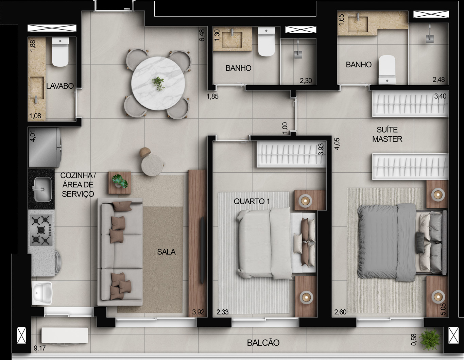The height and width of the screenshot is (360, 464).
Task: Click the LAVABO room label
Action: coord(60,86)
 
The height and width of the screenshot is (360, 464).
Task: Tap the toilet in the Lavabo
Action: coord(61,52)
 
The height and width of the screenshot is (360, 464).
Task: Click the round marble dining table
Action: coord(158,83)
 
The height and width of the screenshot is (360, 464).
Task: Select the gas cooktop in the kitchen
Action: coord(41,230)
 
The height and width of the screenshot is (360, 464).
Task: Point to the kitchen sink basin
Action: coord(43,189)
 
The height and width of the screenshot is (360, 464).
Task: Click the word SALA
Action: coord(166,252)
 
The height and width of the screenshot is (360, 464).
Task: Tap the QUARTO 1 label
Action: coord(252,201)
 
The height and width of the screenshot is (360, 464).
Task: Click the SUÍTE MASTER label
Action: coord(387,134)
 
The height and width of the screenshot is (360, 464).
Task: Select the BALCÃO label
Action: coord(263,343)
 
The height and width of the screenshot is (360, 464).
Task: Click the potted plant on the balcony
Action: coord(429,340)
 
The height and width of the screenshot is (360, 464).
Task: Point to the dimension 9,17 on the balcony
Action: coord(40,348)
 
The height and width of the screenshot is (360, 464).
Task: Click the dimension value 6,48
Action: coord(202,35)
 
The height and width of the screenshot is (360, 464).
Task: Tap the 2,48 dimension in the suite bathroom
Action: coord(439,80)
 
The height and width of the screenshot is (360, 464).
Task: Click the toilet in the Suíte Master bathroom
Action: coord(387,70)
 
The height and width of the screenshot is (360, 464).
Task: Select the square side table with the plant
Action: coord(120,183)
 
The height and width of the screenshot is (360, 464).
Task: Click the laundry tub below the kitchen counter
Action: coord(42,293)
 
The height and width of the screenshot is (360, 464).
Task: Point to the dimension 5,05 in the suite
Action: coord(443,309)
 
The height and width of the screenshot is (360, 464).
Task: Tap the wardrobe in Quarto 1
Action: coord(291,154)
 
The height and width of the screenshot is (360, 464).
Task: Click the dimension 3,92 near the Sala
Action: coord(199,312)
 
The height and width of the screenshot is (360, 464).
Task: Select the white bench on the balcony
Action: coord(65,335)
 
